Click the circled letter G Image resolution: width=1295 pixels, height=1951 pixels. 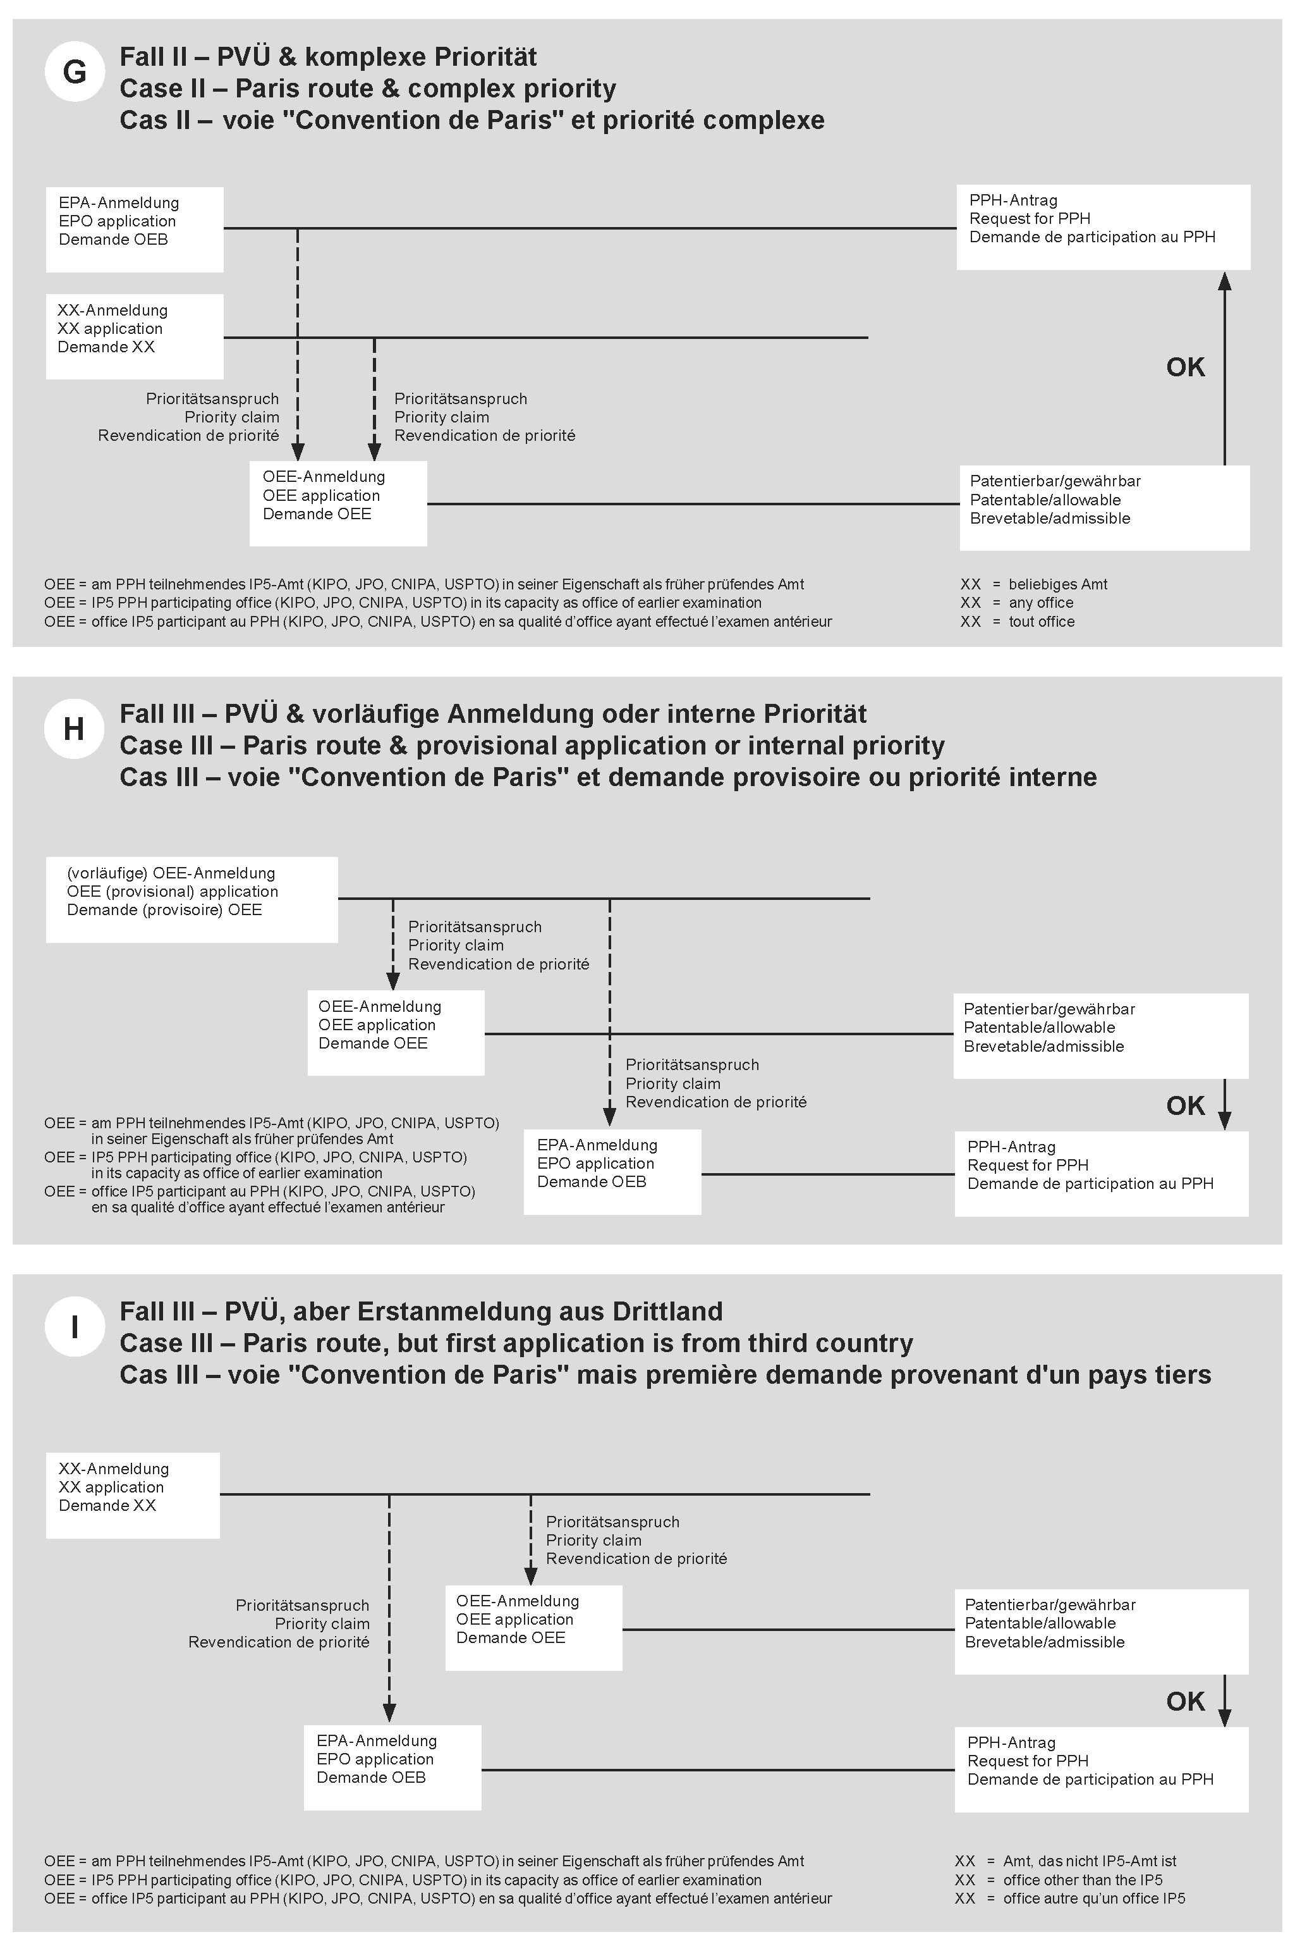click(x=75, y=72)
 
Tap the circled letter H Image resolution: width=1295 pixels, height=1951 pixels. click(x=75, y=729)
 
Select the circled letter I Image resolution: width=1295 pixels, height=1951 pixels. click(x=75, y=1326)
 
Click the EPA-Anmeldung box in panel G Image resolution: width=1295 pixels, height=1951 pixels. click(x=135, y=229)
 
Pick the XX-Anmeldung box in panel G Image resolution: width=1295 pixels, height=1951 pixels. click(x=135, y=336)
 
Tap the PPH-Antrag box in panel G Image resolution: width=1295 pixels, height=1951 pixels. click(x=1103, y=227)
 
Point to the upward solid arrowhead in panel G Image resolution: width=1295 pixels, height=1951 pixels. click(x=1225, y=283)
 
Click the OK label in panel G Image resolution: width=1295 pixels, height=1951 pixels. click(x=1185, y=367)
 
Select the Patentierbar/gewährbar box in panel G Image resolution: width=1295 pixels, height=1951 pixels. click(x=1104, y=507)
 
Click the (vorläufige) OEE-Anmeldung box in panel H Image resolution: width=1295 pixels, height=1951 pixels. click(x=192, y=899)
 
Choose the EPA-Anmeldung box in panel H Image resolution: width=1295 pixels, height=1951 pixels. click(x=612, y=1172)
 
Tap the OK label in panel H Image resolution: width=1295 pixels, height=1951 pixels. click(x=1185, y=1105)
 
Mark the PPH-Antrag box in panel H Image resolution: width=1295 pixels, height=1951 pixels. click(x=1101, y=1173)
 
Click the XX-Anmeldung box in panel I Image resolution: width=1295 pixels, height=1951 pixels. click(x=132, y=1495)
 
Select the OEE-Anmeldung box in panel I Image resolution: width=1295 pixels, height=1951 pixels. click(x=533, y=1627)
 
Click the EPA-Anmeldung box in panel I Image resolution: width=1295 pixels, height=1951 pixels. click(x=392, y=1768)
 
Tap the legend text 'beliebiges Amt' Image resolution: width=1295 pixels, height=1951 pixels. click(x=1057, y=584)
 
